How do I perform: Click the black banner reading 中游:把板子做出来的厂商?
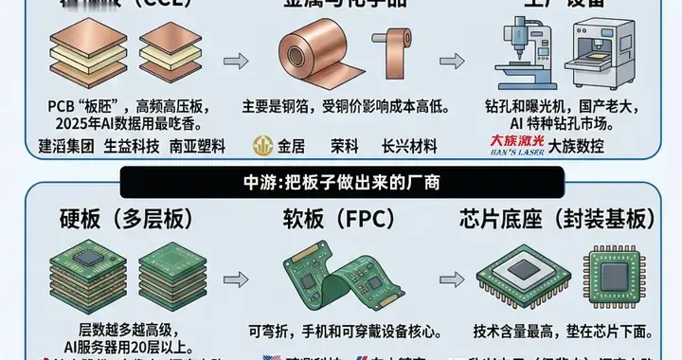coord(340,180)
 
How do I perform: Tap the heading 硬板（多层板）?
coord(115,219)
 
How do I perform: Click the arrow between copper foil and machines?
coord(453,62)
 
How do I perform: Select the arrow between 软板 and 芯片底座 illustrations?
coord(453,277)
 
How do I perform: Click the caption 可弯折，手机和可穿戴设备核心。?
coord(340,333)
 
